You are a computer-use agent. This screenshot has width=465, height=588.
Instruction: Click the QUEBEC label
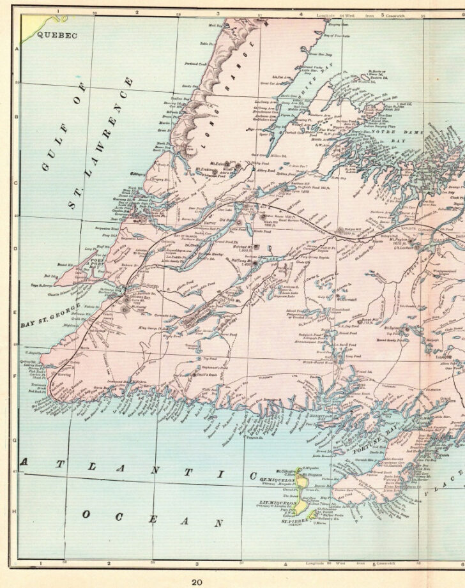[56, 36]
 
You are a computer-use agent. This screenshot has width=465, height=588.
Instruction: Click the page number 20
[197, 580]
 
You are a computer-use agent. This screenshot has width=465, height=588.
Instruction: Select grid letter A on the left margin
[17, 48]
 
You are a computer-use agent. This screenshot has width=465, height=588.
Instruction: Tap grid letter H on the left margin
[17, 511]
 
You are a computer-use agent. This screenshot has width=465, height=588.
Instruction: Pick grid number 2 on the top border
[136, 12]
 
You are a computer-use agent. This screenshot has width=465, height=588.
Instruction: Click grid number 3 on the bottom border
[197, 564]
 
